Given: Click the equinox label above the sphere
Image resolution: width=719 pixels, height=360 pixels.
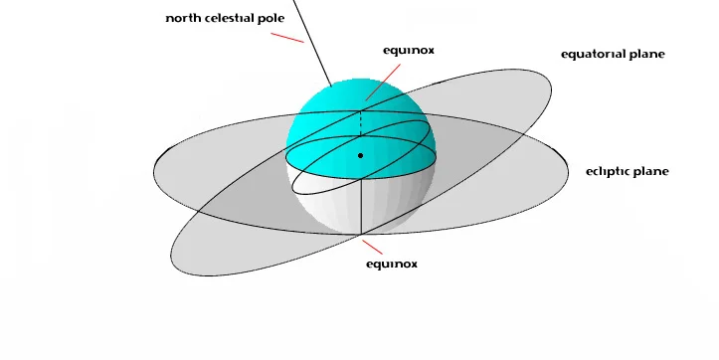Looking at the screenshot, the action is tap(408, 49).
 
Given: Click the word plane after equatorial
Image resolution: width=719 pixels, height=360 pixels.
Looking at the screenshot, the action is tap(647, 54).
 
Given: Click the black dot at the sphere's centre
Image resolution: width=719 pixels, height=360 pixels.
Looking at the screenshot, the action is tap(361, 156).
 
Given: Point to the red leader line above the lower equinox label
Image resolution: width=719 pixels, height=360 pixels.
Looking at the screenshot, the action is tap(371, 248).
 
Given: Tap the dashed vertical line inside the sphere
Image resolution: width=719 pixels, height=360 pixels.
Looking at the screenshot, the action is tap(361, 124).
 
